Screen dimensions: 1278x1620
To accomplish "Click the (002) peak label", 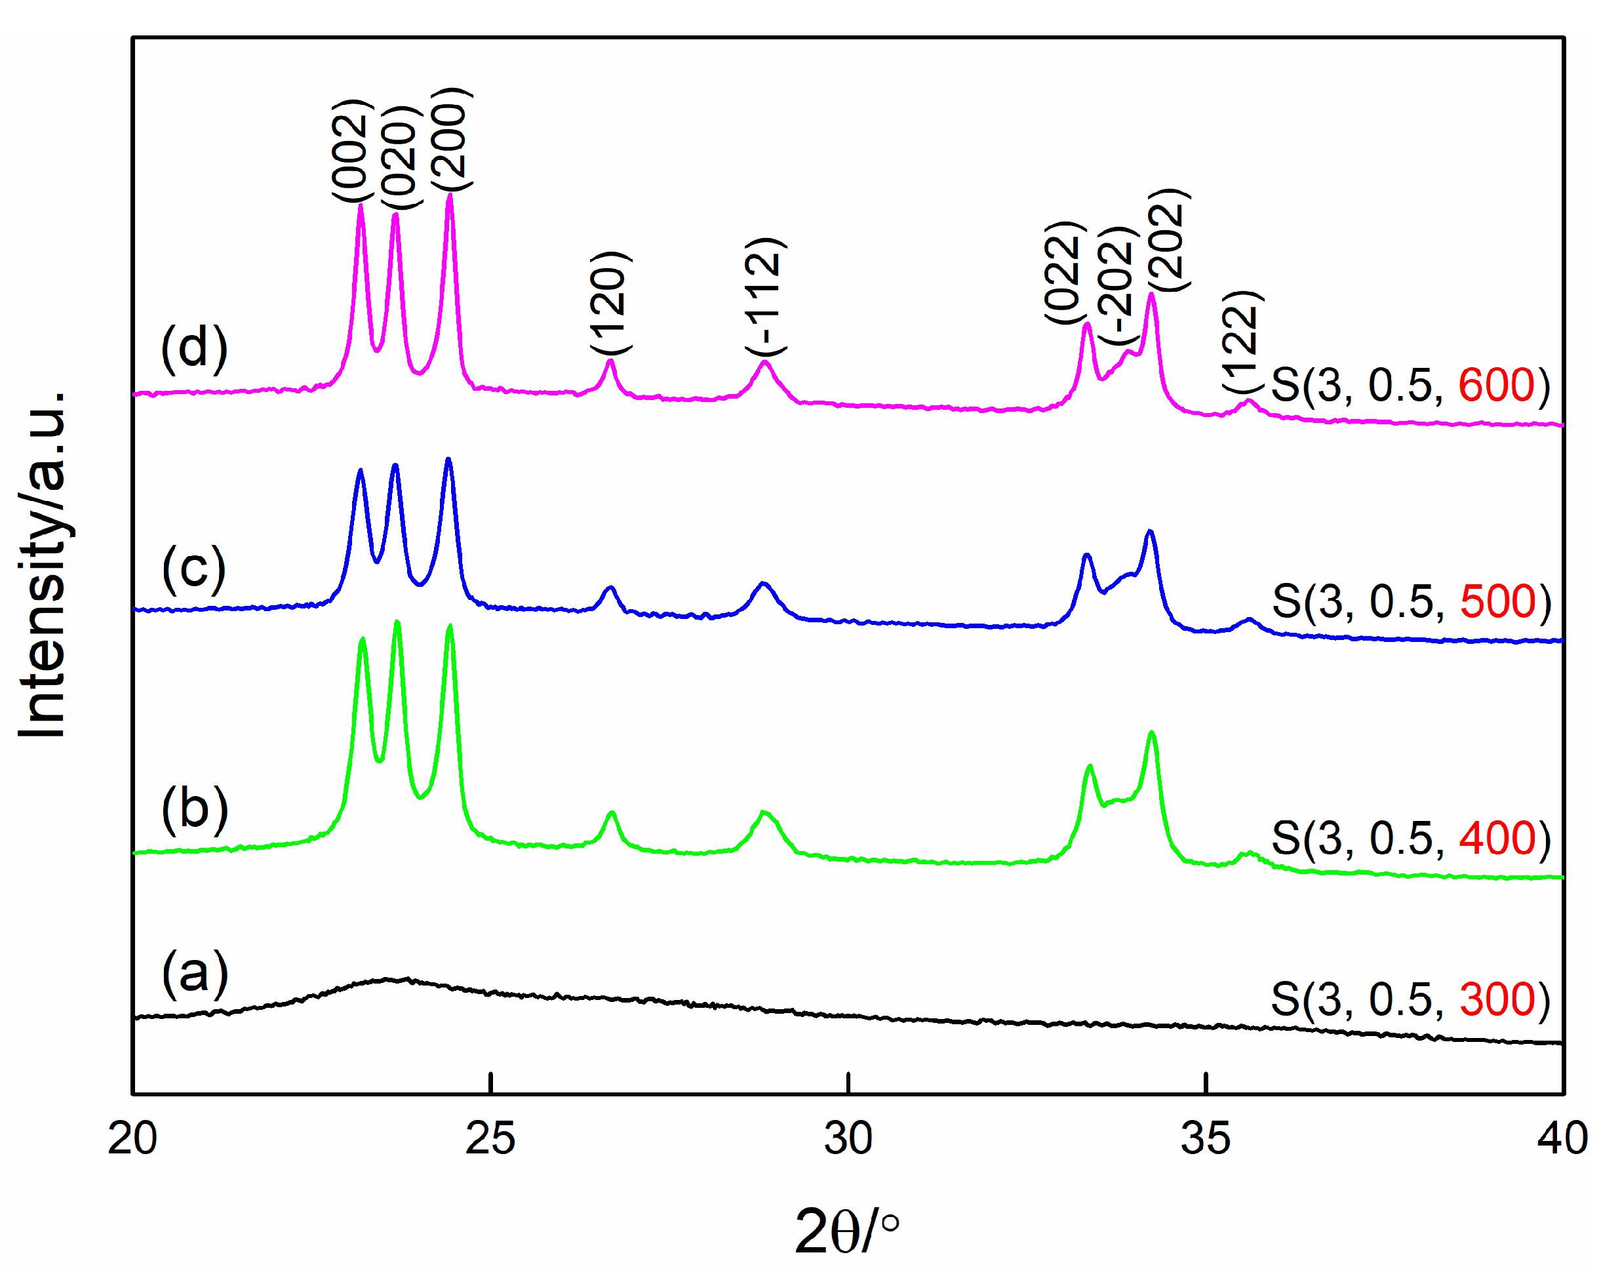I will [x=350, y=150].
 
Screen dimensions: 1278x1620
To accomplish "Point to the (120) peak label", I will [x=610, y=303].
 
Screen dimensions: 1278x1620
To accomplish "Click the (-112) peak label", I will [x=764, y=297].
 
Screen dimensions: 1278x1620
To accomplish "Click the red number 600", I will [x=1496, y=386].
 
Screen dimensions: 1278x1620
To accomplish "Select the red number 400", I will [x=1497, y=838].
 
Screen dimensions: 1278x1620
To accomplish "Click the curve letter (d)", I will [x=193, y=349].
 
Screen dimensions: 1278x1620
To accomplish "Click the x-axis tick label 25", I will [x=490, y=1139].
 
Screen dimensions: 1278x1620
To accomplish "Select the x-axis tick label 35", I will [x=1205, y=1139].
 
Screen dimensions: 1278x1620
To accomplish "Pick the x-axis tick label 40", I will [x=1562, y=1139].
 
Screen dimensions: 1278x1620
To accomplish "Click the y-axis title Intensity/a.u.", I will [x=43, y=565].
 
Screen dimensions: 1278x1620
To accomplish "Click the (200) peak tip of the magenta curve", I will [x=450, y=195].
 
